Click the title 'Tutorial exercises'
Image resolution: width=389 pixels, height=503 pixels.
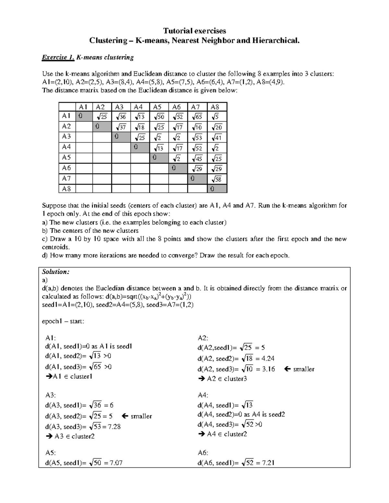point(194,31)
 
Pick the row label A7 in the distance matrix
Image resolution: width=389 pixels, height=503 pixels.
point(66,178)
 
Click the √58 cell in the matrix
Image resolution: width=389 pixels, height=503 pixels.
point(217,179)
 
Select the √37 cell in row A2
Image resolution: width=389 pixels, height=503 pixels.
point(121,127)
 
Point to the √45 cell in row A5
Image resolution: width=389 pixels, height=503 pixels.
point(197,158)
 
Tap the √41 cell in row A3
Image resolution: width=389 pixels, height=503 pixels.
point(217,138)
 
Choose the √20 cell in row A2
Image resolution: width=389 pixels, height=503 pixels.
point(217,127)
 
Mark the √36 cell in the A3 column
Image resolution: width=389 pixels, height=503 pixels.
point(121,117)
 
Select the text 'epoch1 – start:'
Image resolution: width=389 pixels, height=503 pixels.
point(63,321)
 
